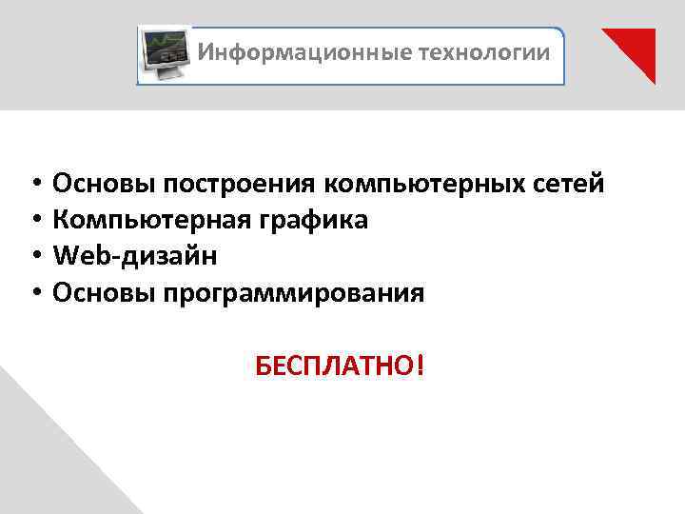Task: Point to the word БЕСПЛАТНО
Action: [x=334, y=366]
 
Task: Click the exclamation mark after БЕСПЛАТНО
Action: [x=419, y=366]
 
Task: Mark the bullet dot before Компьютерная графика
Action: [x=33, y=220]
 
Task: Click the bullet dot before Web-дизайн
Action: [x=33, y=256]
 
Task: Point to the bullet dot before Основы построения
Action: [x=33, y=183]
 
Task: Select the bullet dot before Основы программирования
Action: [x=33, y=293]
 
